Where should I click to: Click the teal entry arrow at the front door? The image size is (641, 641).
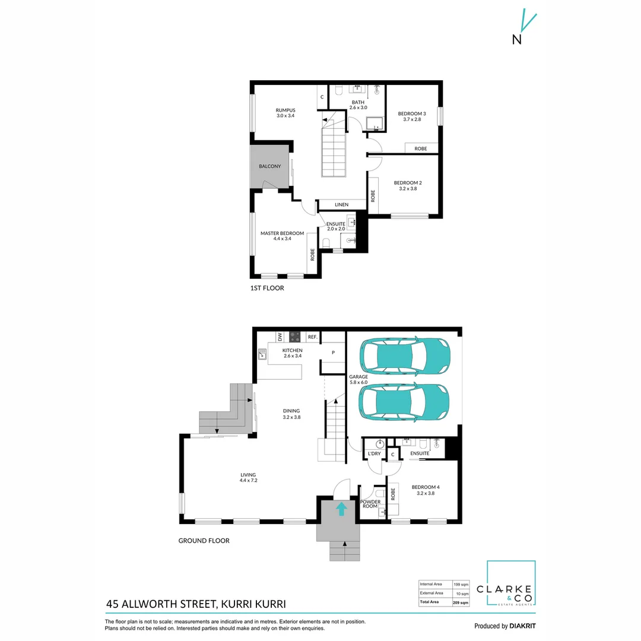pyautogui.click(x=341, y=509)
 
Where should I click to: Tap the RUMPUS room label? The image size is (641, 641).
pyautogui.click(x=285, y=110)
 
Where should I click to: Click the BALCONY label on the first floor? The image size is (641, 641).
pyautogui.click(x=270, y=166)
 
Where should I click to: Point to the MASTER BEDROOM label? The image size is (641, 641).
pyautogui.click(x=282, y=233)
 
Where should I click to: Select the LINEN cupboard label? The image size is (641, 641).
pyautogui.click(x=341, y=205)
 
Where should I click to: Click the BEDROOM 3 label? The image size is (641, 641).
pyautogui.click(x=412, y=113)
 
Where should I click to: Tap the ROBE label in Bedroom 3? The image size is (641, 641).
pyautogui.click(x=421, y=148)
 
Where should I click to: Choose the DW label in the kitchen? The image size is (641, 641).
pyautogui.click(x=280, y=337)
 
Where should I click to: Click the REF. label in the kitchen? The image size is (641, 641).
pyautogui.click(x=312, y=337)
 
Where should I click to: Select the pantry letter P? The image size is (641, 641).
pyautogui.click(x=334, y=353)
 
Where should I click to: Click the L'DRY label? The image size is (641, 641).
pyautogui.click(x=374, y=454)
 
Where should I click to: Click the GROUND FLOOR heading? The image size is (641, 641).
pyautogui.click(x=204, y=541)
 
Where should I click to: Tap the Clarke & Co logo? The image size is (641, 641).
pyautogui.click(x=511, y=584)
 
